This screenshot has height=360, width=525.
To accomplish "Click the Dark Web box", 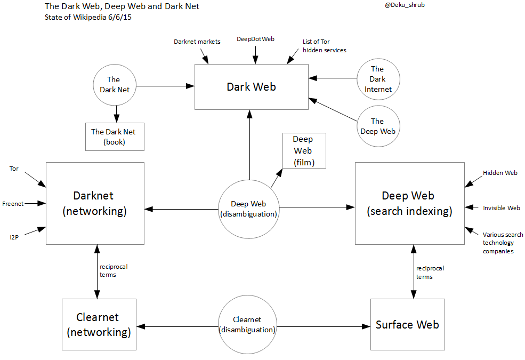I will pos(252,87).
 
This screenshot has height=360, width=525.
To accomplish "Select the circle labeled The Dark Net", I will pos(115,84).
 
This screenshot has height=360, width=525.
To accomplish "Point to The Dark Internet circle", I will pos(378,79).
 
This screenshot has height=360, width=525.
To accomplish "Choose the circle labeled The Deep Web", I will pos(377,126).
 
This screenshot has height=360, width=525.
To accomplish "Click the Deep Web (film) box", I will pos(303,150).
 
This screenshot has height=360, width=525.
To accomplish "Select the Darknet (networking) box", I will pos(95,203).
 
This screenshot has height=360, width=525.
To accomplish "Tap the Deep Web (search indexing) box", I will pos(409,203).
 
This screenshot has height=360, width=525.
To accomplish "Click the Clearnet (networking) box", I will pos(99,324).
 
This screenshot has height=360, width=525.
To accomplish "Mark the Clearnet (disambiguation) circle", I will pos(247,324).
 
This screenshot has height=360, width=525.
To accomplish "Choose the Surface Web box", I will pos(407,324).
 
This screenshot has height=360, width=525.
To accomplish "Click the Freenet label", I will pos(12,204).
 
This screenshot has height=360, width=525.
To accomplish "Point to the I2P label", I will pos(14,237).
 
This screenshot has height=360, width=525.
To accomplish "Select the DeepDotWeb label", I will pos(255,39).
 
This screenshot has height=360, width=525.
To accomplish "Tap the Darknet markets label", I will pos(197,42).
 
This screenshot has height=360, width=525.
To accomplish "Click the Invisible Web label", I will pos(501,208).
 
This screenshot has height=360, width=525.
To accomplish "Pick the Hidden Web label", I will pos(500,173).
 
